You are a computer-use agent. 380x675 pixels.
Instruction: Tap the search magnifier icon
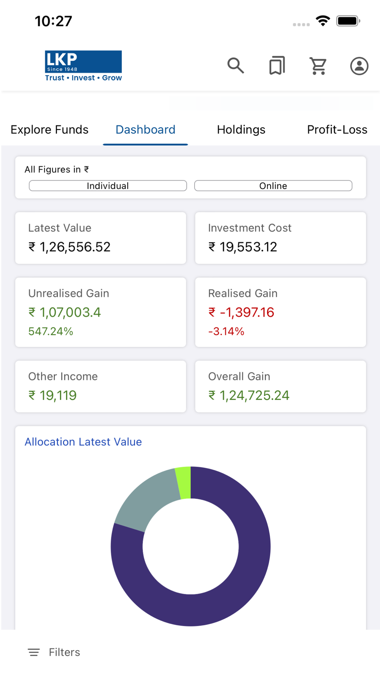[x=236, y=66]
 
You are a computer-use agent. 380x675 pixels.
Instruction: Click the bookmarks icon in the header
[x=277, y=66]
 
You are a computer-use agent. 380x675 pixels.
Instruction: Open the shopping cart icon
[x=318, y=66]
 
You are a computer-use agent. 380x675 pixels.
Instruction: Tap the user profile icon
[x=359, y=66]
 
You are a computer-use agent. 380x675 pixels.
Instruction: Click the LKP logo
[x=83, y=66]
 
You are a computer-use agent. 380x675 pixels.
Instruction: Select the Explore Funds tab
[x=49, y=130]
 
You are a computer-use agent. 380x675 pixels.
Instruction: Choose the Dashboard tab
[x=146, y=130]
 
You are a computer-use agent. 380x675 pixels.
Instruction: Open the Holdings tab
[x=241, y=130]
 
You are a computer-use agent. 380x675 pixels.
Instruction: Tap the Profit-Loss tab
[x=337, y=130]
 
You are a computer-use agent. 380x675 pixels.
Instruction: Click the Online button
[x=273, y=186]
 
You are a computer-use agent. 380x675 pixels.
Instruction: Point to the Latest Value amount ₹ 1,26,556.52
[x=70, y=247]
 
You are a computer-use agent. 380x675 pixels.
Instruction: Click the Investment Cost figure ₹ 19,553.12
[x=243, y=247]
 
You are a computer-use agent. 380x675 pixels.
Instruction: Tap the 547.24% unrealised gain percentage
[x=51, y=331]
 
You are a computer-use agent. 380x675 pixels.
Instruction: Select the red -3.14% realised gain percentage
[x=226, y=331]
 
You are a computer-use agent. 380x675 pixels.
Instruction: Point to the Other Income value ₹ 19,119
[x=52, y=396]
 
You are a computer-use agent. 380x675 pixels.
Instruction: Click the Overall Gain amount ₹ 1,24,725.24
[x=249, y=396]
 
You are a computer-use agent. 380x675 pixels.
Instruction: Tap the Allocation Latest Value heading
[x=83, y=442]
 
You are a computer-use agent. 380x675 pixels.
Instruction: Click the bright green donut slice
[x=184, y=482]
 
